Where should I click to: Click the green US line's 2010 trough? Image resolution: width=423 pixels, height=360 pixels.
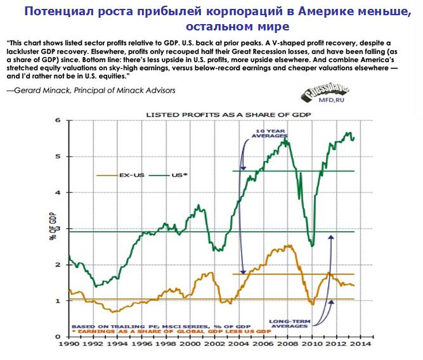(311, 245)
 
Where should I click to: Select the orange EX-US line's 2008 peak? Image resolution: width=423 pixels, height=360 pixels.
(289, 246)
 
